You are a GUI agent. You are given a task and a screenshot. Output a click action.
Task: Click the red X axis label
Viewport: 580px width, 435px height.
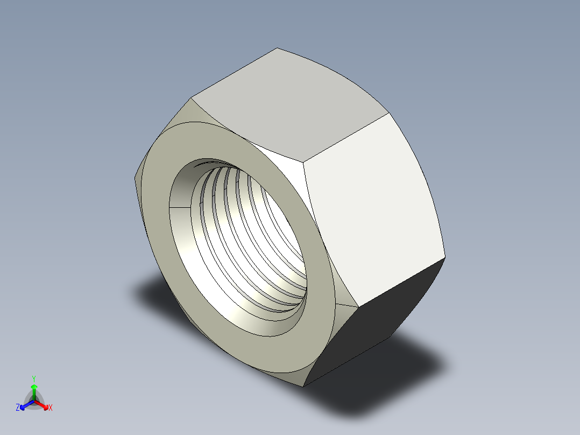pyautogui.click(x=51, y=408)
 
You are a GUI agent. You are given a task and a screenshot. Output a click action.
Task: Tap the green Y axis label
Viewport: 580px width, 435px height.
pyautogui.click(x=33, y=378)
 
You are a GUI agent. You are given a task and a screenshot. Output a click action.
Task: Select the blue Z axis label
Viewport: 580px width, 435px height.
pyautogui.click(x=18, y=408)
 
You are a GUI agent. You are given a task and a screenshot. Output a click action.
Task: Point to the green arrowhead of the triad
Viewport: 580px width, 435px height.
pyautogui.click(x=34, y=387)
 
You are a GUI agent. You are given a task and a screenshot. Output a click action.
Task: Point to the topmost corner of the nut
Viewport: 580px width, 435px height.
pyautogui.click(x=277, y=48)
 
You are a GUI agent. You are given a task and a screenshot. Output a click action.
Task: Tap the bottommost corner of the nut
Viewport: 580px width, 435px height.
pyautogui.click(x=304, y=387)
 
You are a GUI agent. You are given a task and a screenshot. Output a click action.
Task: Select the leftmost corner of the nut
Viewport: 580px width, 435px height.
pyautogui.click(x=134, y=178)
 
